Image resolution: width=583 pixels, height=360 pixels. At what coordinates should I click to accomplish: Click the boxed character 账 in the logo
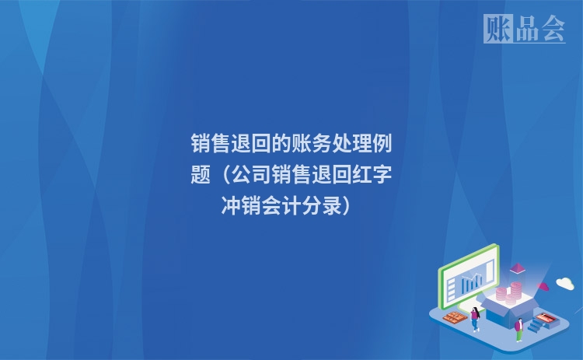497,29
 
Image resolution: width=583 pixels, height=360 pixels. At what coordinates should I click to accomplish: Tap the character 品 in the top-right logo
525,29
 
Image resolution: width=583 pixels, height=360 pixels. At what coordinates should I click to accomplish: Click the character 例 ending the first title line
383,144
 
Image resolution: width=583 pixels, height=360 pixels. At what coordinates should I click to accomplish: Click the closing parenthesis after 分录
350,207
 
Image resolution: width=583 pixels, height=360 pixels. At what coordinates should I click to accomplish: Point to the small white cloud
564,283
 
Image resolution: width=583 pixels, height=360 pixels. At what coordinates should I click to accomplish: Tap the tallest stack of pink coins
514,294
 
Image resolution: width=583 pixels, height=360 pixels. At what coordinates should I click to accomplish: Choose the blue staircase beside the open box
536,326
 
